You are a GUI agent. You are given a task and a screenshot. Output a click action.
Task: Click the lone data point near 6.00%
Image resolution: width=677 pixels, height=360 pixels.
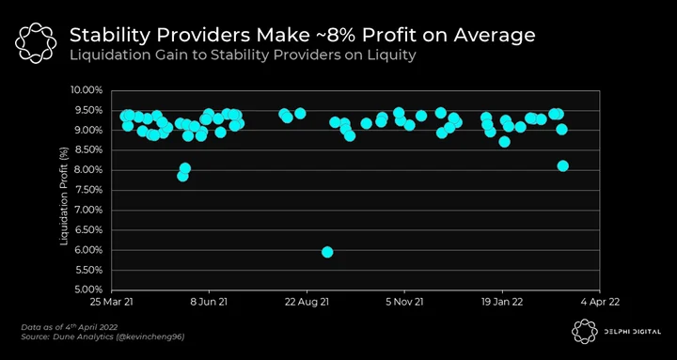(x=327, y=252)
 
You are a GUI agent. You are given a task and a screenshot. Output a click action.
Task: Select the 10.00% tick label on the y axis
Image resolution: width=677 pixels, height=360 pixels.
(x=87, y=90)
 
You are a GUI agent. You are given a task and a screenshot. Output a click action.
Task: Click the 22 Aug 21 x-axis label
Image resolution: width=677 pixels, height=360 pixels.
(x=307, y=302)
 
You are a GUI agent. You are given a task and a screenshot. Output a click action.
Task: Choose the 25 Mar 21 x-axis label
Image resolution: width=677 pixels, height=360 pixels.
(x=111, y=302)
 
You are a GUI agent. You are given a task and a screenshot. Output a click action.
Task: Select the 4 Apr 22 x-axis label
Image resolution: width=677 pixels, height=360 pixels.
(x=599, y=302)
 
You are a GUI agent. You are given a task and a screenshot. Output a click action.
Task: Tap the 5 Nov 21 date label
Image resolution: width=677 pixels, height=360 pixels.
(x=404, y=302)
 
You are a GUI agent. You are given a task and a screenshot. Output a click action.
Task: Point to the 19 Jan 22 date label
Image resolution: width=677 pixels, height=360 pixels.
(x=502, y=302)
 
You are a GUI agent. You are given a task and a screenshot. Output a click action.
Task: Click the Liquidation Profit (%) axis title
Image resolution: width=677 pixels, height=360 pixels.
(x=64, y=191)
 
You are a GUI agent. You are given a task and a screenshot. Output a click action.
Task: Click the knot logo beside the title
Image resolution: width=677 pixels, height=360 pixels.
(x=36, y=43)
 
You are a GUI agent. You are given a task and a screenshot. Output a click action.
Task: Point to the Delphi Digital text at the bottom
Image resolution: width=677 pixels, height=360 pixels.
(x=632, y=332)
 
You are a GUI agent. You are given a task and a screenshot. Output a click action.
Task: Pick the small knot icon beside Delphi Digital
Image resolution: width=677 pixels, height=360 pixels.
(x=585, y=332)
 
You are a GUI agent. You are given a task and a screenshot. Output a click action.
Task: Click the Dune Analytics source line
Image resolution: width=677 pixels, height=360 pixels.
(x=102, y=337)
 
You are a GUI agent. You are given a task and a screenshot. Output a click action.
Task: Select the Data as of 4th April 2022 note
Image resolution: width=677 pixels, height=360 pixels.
(x=69, y=327)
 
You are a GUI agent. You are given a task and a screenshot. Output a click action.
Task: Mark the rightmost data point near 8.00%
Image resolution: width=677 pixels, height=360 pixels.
(x=562, y=165)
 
